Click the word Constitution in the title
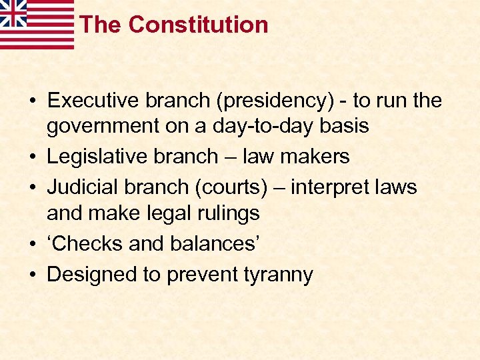[198, 25]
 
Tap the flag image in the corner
[37, 24]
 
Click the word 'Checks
[85, 243]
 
